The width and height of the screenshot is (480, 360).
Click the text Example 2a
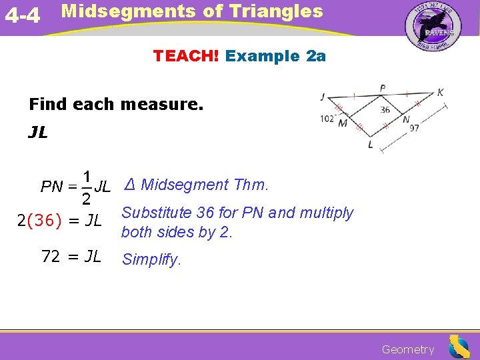coord(275,56)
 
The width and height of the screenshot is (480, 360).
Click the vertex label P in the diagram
coord(383,88)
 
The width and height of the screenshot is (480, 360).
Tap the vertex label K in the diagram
coord(440,93)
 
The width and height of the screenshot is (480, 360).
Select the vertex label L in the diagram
coord(371,145)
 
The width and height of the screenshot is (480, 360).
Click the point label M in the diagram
coord(343,123)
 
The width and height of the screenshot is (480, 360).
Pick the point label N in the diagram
coord(406,120)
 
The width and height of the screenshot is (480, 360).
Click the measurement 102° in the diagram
coord(327,120)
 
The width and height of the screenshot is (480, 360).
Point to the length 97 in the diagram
coord(414,128)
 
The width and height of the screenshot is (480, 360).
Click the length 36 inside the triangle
coord(385,110)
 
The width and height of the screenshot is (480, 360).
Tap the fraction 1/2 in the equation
coord(86,187)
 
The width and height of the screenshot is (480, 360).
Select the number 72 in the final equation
coord(51,256)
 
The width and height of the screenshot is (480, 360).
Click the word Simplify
coord(151,260)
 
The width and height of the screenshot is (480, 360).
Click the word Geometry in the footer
coord(407,349)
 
